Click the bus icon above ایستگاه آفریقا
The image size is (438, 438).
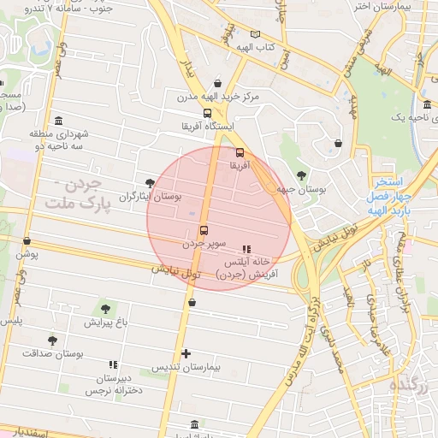pyautogui.click(x=207, y=112)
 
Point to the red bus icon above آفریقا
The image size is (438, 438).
pyautogui.click(x=239, y=154)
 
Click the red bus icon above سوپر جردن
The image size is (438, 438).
pyautogui.click(x=204, y=230)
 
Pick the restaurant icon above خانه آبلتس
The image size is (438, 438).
pyautogui.click(x=247, y=249)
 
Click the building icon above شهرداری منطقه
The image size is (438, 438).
pyautogui.click(x=57, y=121)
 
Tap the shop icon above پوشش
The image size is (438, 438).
pyautogui.click(x=27, y=241)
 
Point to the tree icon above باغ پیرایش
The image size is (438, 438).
pyautogui.click(x=105, y=308)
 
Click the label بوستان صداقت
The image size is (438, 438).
pyautogui.click(x=43, y=352)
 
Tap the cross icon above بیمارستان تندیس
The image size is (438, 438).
pyautogui.click(x=186, y=353)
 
